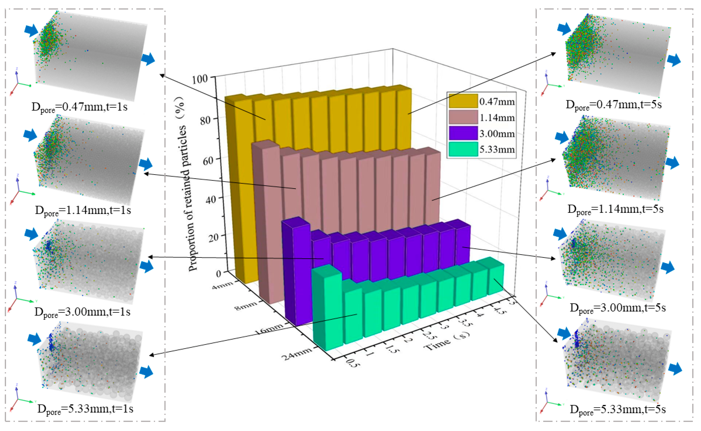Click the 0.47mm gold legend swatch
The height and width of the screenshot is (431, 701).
coord(463,101)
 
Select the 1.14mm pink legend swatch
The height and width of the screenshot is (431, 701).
coord(463,117)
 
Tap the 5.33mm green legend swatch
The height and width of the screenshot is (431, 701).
coord(463,149)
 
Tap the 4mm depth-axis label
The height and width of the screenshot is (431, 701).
coord(222,285)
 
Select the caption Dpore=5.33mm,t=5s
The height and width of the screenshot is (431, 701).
coord(617,410)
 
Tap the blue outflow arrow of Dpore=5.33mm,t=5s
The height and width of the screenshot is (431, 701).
coord(675,369)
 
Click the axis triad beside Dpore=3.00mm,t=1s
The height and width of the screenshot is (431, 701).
coord(18,298)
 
